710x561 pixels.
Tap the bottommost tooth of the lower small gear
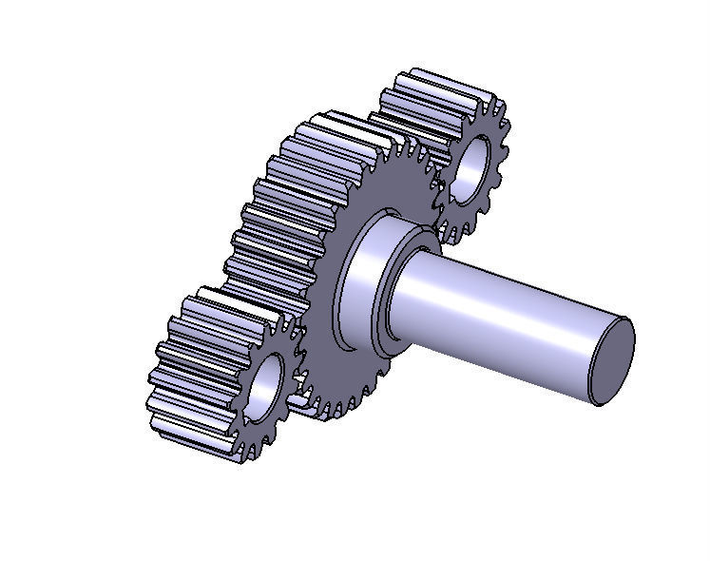[x=249, y=454]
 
